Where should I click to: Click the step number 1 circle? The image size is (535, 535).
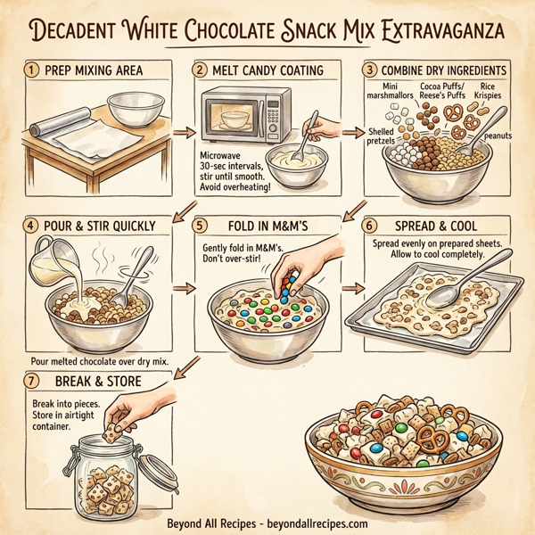click(32, 70)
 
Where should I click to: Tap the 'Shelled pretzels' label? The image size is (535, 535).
click(382, 136)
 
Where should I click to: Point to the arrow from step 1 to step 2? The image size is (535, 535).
click(181, 132)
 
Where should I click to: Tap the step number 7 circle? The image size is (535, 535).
click(33, 379)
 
